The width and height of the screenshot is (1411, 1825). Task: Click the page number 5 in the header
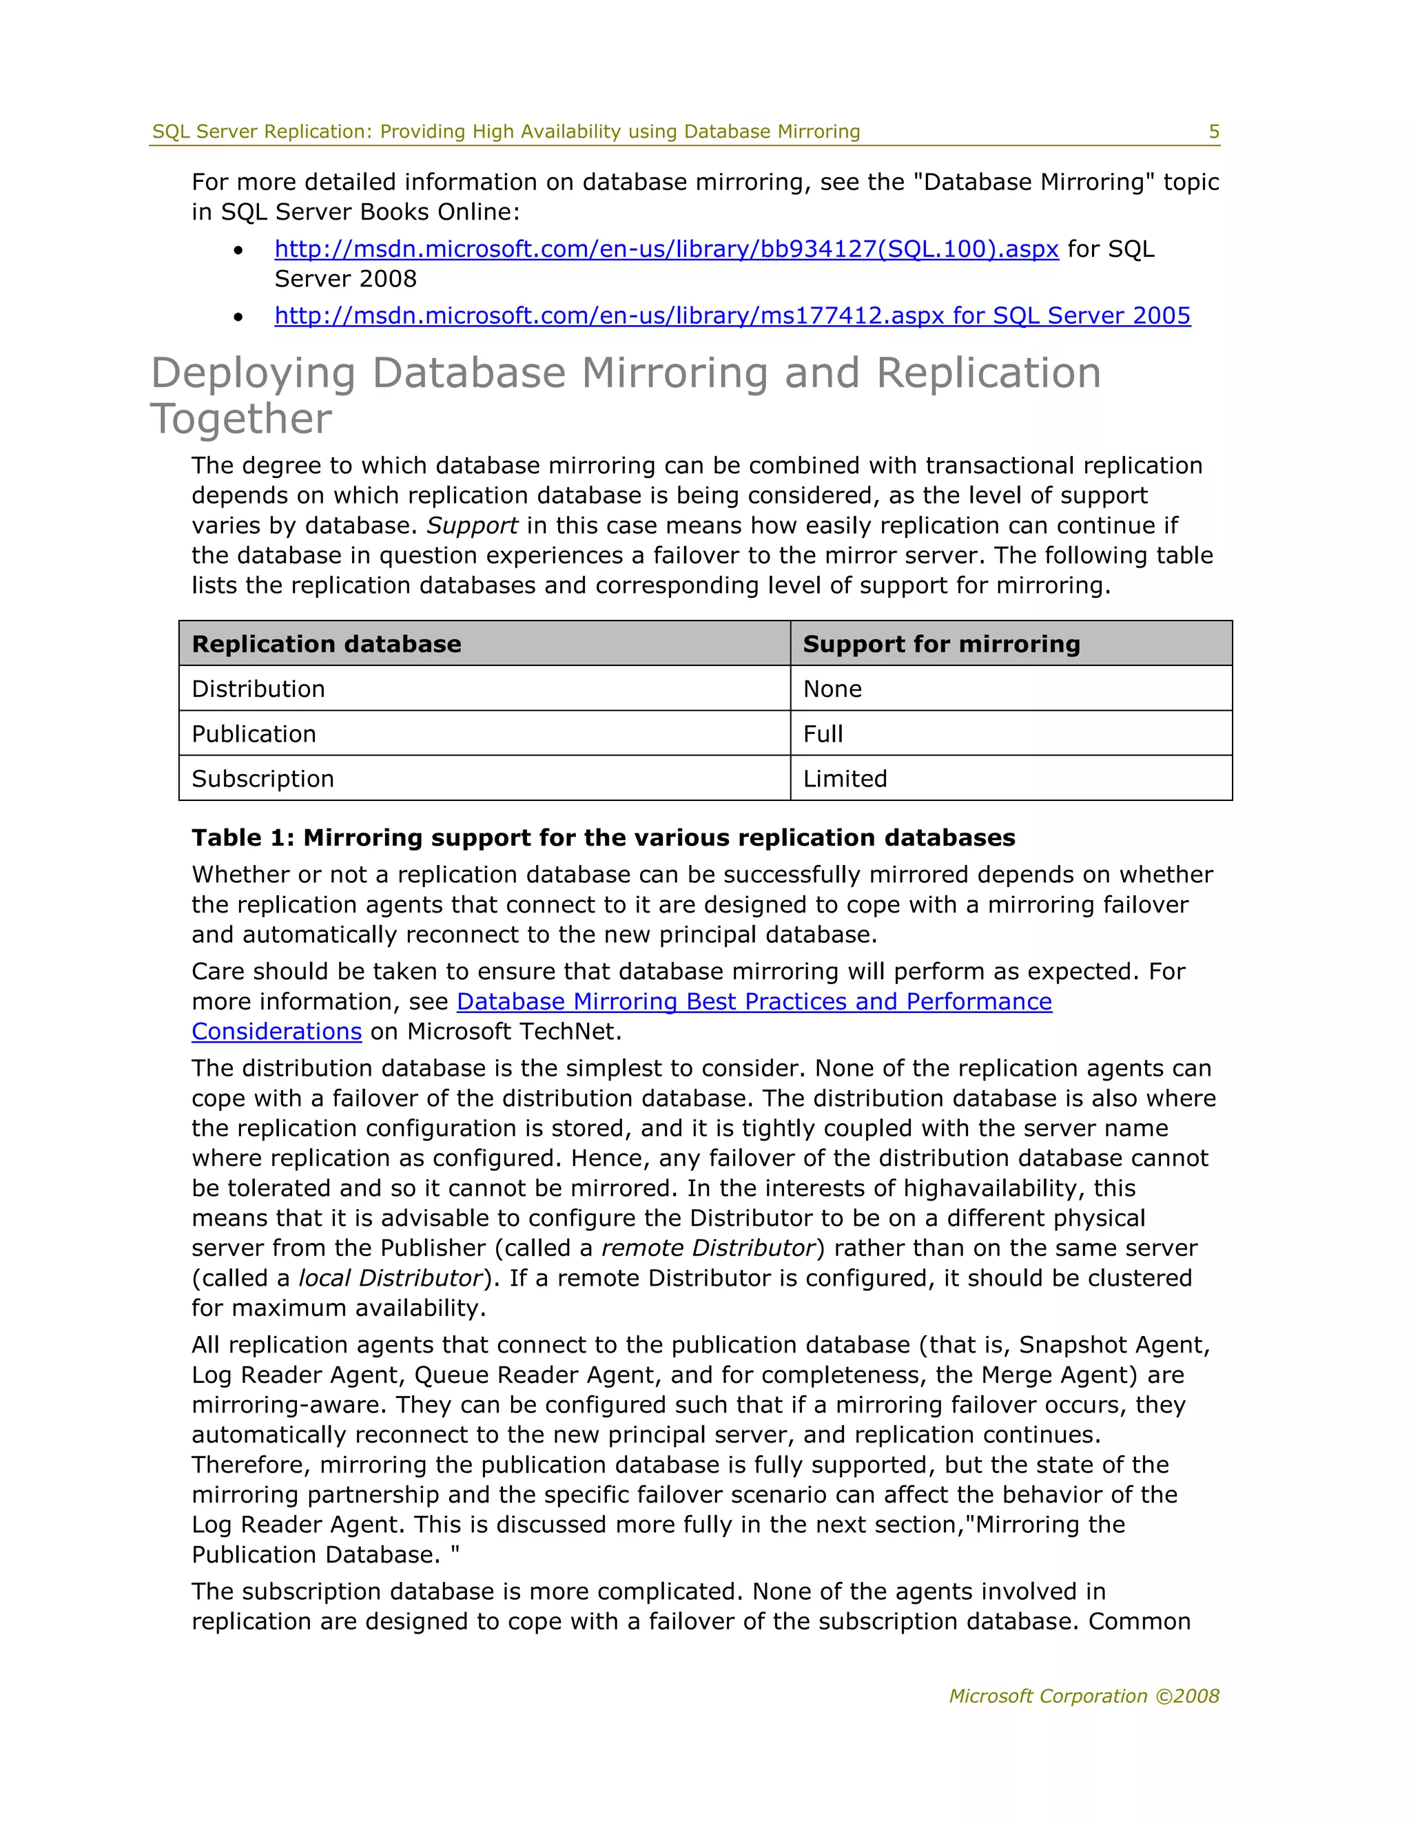pyautogui.click(x=1214, y=131)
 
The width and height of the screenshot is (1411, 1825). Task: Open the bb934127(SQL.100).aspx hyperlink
pyautogui.click(x=666, y=249)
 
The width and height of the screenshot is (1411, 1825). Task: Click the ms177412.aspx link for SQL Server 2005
pyautogui.click(x=732, y=316)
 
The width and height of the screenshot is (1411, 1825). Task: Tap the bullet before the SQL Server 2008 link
pyautogui.click(x=239, y=250)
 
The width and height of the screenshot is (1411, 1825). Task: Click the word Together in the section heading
pyautogui.click(x=242, y=419)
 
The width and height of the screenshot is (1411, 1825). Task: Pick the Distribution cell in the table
pyautogui.click(x=258, y=689)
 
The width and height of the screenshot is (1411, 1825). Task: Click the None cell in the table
pyautogui.click(x=832, y=689)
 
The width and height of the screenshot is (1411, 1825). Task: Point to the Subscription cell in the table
pyautogui.click(x=262, y=779)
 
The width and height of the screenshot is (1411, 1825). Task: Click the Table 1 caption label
pyautogui.click(x=602, y=837)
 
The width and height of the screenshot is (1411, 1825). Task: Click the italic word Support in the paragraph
pyautogui.click(x=471, y=525)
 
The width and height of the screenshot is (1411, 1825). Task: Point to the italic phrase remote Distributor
pyautogui.click(x=707, y=1248)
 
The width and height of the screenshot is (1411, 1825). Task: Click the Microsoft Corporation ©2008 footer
pyautogui.click(x=1083, y=1696)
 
